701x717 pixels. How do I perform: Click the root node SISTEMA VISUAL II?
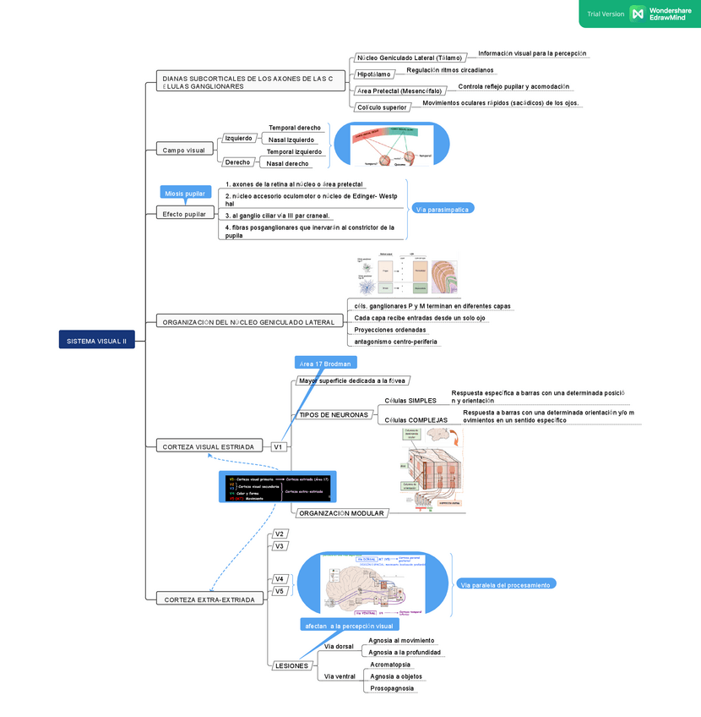(x=96, y=341)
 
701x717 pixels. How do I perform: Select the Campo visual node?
(x=184, y=151)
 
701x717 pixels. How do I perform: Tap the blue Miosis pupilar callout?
(x=185, y=194)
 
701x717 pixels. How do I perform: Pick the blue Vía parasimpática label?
(x=443, y=209)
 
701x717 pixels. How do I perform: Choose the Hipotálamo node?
(x=373, y=75)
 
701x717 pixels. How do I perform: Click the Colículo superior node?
(x=382, y=107)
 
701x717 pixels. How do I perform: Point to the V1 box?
(x=278, y=446)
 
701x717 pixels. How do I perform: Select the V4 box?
(x=280, y=579)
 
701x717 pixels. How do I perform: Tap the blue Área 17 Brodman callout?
(x=325, y=363)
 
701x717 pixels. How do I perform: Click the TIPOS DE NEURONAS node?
(x=334, y=415)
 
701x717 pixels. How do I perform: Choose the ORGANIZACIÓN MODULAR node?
(x=341, y=513)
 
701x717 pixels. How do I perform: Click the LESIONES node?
(x=291, y=666)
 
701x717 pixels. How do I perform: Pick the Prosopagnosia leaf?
(x=392, y=688)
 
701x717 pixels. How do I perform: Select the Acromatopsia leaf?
(x=390, y=665)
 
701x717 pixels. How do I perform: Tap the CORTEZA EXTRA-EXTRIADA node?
(x=209, y=599)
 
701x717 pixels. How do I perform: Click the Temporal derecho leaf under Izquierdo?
(x=295, y=128)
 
